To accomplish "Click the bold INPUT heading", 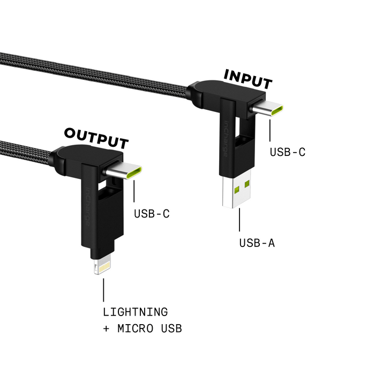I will coord(247,79).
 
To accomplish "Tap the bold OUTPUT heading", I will coord(96,138).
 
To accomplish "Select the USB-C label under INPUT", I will coord(288,152).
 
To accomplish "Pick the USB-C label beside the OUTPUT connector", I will coord(152,214).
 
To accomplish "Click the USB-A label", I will coord(257,243).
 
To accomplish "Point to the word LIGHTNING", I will coord(135,312).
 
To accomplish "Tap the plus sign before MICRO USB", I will coord(106,328).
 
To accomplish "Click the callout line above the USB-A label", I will coord(239,220).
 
